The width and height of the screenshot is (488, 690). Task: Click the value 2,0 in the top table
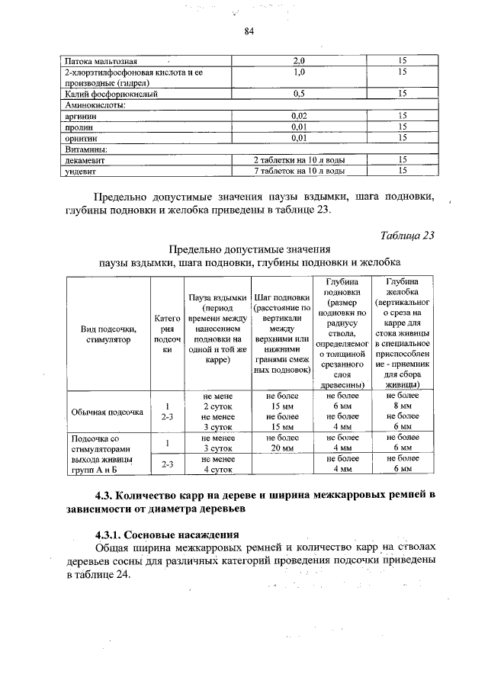(x=299, y=59)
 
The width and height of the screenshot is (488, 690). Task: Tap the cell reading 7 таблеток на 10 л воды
(x=299, y=172)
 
